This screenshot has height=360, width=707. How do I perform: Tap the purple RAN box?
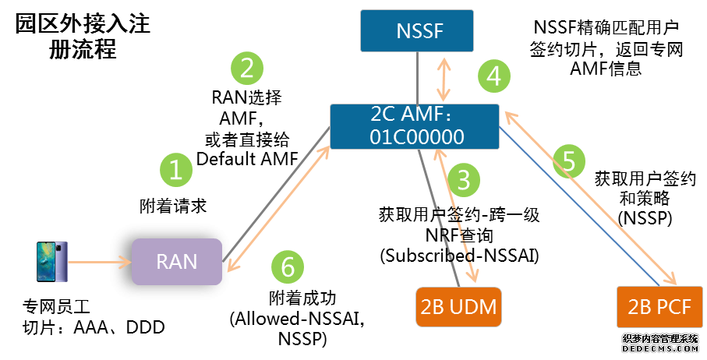coord(176,261)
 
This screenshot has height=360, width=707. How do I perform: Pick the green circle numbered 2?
coord(246,69)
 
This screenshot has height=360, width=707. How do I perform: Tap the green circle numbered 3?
coord(463,180)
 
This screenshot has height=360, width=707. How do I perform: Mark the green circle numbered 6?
coord(288,268)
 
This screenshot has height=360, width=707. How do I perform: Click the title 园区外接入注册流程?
coord(83,37)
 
